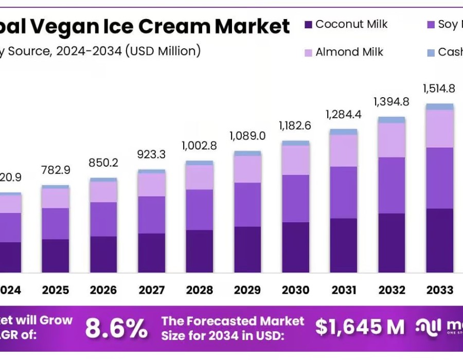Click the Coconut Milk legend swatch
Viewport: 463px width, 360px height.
click(308, 24)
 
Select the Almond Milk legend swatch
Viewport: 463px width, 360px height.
click(308, 52)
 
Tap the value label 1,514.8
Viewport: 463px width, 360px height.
click(439, 88)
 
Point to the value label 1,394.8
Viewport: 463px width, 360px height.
click(391, 101)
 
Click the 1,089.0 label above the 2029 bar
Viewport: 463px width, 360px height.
click(247, 136)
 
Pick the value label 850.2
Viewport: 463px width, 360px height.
click(103, 163)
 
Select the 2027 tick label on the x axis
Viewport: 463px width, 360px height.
click(151, 290)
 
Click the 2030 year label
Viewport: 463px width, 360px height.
click(295, 290)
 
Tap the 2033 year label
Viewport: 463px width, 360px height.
click(439, 290)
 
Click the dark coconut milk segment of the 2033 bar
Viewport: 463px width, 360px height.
click(439, 240)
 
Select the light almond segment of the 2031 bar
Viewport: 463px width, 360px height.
click(343, 150)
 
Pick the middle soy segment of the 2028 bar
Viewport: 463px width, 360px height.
click(200, 209)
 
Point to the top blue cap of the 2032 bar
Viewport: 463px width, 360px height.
click(391, 120)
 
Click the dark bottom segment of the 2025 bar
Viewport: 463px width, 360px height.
click(56, 256)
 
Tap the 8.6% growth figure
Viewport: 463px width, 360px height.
click(116, 328)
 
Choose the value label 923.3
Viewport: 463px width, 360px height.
click(151, 153)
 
